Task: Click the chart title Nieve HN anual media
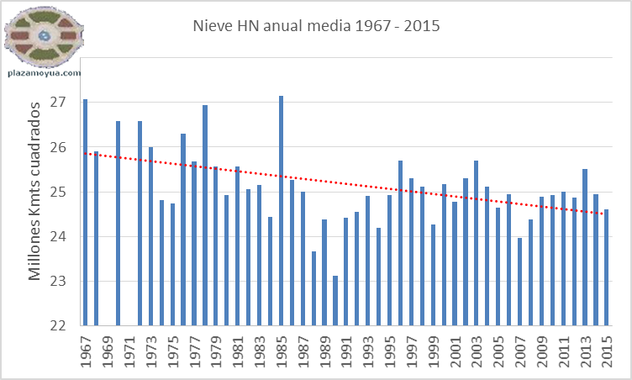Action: [x=316, y=27]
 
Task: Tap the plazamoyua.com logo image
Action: [x=44, y=37]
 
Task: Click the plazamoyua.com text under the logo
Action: [x=44, y=73]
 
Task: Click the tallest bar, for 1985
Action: [x=281, y=210]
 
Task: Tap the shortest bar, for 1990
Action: [x=335, y=300]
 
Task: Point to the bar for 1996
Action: [x=400, y=243]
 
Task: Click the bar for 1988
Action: [x=313, y=288]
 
